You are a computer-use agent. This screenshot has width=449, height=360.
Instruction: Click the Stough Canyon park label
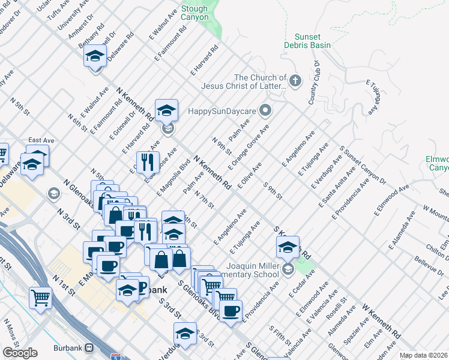pyautogui.click(x=194, y=13)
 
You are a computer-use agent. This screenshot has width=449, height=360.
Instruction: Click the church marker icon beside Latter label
pyautogui.click(x=295, y=81)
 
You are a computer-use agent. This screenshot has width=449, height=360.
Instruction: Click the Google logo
pyautogui.click(x=20, y=353)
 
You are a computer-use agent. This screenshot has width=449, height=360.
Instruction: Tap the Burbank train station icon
pyautogui.click(x=89, y=347)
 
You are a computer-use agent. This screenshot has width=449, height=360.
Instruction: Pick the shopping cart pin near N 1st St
pyautogui.click(x=40, y=297)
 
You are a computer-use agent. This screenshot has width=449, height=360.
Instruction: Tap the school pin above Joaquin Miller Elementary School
pyautogui.click(x=288, y=247)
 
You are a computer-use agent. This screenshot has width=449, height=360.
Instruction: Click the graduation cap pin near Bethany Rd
pyautogui.click(x=95, y=57)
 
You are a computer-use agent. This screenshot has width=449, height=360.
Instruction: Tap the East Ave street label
pyautogui.click(x=41, y=140)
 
